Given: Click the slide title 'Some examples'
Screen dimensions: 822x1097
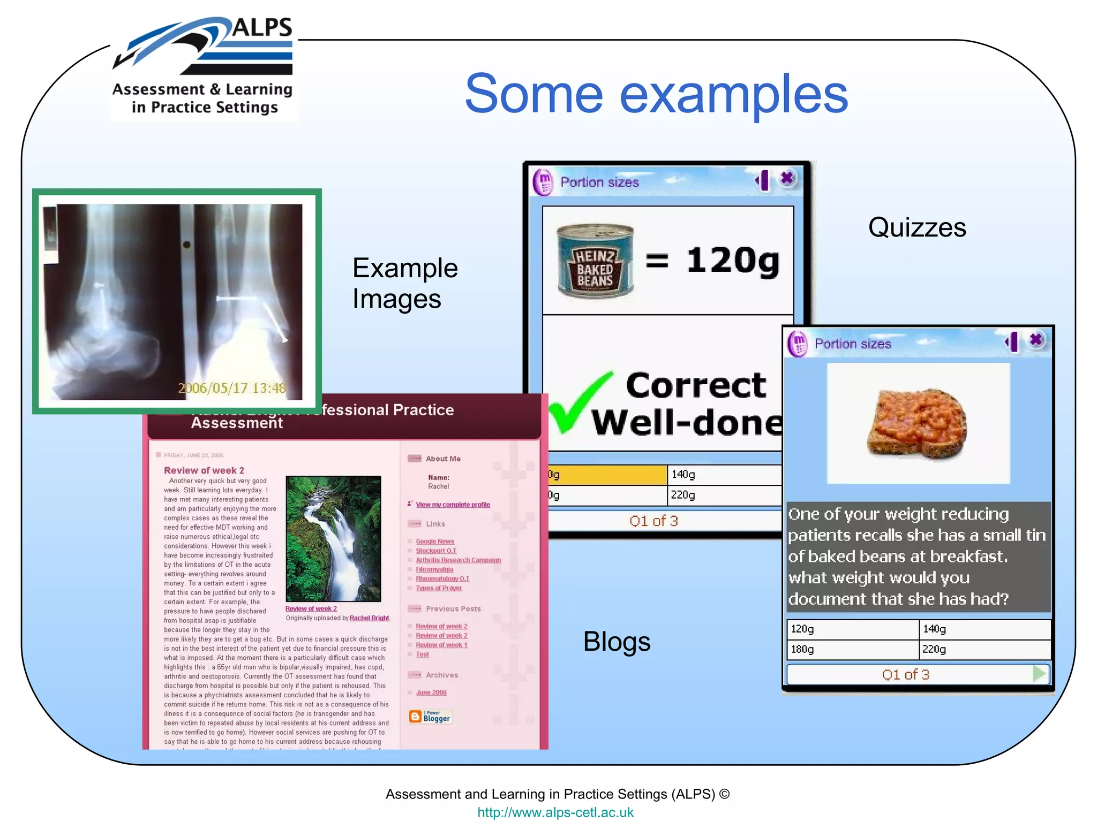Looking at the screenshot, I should (656, 94).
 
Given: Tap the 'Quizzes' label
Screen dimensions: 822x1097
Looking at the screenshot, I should (917, 227).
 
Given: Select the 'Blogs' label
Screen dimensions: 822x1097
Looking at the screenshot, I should (617, 641).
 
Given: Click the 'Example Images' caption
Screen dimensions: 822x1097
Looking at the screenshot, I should (405, 283).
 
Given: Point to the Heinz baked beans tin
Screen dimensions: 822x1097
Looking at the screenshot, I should (595, 262).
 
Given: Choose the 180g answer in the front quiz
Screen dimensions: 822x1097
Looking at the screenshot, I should (852, 649).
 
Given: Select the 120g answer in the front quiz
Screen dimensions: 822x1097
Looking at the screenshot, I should (852, 629).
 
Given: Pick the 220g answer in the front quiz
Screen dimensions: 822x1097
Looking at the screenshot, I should (983, 649).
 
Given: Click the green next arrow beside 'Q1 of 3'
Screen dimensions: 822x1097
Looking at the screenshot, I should (1039, 674).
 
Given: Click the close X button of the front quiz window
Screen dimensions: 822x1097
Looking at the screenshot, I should (1036, 340).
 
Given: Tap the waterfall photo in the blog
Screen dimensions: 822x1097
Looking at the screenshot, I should (333, 538).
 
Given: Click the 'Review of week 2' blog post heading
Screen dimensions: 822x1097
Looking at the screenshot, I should (204, 470).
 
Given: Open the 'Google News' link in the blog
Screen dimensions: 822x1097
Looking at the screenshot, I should (435, 542).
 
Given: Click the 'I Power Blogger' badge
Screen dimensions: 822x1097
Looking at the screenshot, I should (431, 716).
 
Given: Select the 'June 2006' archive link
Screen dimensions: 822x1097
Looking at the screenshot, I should (431, 692).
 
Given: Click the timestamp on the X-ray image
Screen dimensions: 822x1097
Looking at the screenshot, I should (232, 388).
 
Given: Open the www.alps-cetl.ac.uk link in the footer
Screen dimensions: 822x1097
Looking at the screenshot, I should (555, 812).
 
